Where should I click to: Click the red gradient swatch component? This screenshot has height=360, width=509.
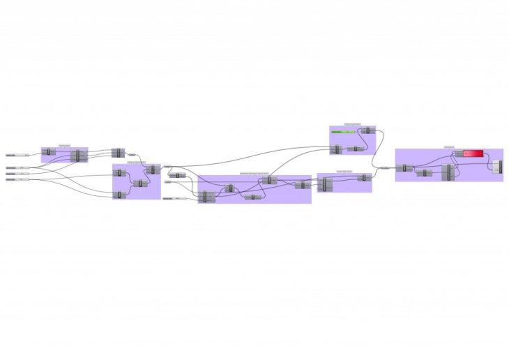(x=474, y=153)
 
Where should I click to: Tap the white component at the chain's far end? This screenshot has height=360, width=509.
(x=496, y=167)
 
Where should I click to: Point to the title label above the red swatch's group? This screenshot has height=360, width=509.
(x=449, y=147)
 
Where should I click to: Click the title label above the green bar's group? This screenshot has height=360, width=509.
(x=352, y=124)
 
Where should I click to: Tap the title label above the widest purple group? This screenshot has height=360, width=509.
(x=254, y=172)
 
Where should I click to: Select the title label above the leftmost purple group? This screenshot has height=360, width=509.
(x=64, y=145)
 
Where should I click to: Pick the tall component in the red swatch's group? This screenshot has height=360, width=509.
(x=450, y=172)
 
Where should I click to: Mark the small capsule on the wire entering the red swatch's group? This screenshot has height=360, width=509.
(x=384, y=167)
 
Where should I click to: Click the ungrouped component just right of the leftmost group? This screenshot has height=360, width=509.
(x=116, y=153)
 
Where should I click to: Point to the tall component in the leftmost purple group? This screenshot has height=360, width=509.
(x=78, y=154)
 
